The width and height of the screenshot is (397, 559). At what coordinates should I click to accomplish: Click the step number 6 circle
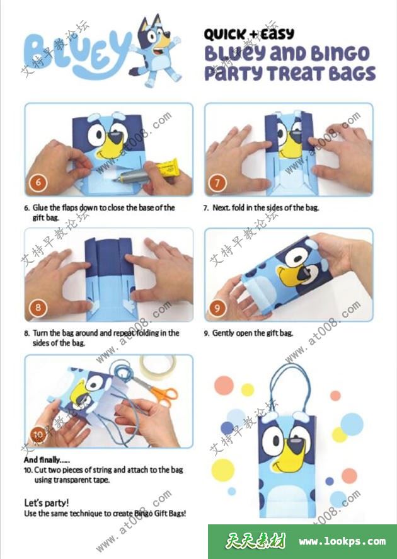pos(38,183)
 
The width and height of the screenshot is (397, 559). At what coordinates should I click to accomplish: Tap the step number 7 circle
pos(217,183)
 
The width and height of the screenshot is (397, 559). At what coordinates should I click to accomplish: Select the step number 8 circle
pos(38,308)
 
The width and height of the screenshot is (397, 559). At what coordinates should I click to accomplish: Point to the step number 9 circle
pos(217,308)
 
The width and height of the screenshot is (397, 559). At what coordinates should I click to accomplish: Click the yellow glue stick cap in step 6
pos(168,167)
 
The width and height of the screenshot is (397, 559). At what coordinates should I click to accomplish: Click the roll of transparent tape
pos(158,366)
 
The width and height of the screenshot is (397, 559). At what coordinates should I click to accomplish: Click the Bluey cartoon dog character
pos(156,50)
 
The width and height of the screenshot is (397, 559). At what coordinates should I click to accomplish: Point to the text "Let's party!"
pos(47,503)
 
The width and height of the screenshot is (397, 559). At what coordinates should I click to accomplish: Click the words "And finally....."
pos(47,460)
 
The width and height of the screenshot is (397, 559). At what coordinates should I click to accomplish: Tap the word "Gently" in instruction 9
pos(223,333)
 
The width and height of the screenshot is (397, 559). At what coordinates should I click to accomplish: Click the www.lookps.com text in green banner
pos(342,541)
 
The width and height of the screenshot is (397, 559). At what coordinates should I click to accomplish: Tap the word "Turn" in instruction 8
pos(40,333)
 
